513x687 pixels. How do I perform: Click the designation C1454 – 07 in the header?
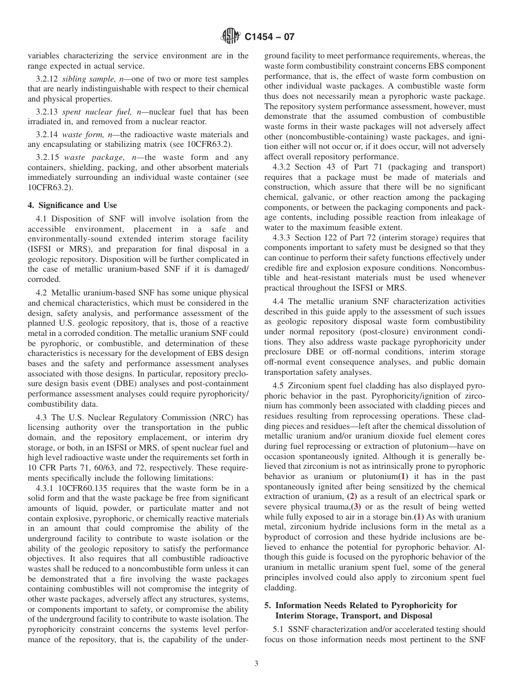(269, 37)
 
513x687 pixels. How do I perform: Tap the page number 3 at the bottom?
(256, 664)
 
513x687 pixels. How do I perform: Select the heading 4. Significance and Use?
(72, 205)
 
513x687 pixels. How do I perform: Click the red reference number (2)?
(352, 496)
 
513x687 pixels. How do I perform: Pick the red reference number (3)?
(355, 507)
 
